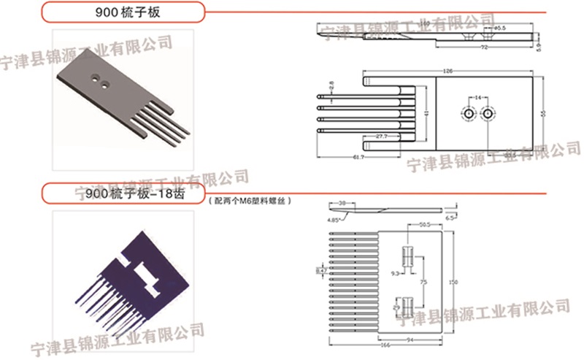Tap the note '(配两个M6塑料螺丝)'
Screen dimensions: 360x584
(250, 199)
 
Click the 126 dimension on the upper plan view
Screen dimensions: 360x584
(447, 71)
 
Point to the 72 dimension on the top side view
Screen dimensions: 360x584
(483, 47)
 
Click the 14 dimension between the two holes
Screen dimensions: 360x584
(478, 96)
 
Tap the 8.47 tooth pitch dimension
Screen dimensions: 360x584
(320, 271)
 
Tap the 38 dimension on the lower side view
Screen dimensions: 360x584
(342, 204)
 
